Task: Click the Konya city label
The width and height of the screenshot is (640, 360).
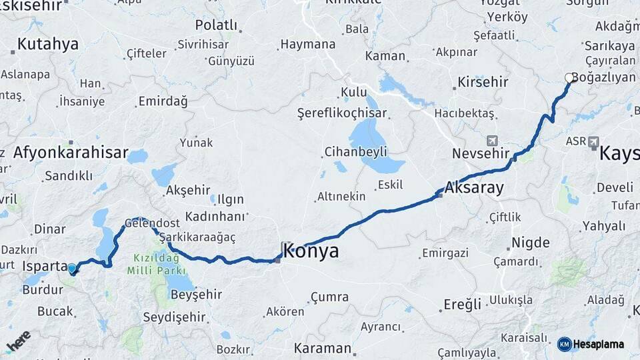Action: [311, 251]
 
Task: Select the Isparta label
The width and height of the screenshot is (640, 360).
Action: [45, 265]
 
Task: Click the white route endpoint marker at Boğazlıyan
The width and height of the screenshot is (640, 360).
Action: [569, 78]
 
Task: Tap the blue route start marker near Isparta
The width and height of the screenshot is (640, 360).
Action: [72, 269]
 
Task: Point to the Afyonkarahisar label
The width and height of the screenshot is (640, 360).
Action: [70, 153]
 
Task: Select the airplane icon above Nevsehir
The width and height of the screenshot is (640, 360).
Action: [492, 141]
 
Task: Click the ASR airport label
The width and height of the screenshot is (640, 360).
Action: [576, 141]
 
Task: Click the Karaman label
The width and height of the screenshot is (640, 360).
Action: [323, 348]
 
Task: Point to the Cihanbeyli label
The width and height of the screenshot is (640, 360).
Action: [356, 151]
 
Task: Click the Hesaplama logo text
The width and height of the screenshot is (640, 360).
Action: [598, 344]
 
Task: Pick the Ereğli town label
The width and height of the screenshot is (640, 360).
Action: [462, 305]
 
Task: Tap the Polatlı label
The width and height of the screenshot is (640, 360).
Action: [217, 25]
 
